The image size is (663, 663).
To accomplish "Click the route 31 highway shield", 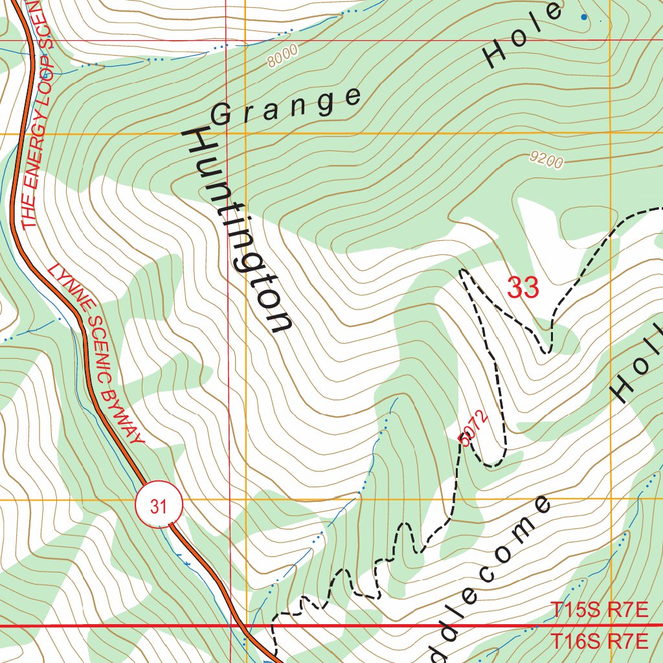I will pyautogui.click(x=159, y=506).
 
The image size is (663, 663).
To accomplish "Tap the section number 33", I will pyautogui.click(x=523, y=288).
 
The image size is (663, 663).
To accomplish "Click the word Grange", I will pyautogui.click(x=286, y=106).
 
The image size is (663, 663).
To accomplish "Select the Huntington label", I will pyautogui.click(x=238, y=231).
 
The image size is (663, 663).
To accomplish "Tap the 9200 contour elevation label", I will pyautogui.click(x=545, y=161).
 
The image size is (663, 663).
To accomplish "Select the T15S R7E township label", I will pyautogui.click(x=599, y=610).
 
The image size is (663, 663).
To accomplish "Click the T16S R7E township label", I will pyautogui.click(x=599, y=642).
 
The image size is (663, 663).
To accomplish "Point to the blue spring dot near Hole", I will pyautogui.click(x=585, y=17).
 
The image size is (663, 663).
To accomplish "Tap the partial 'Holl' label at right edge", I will pyautogui.click(x=638, y=369).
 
